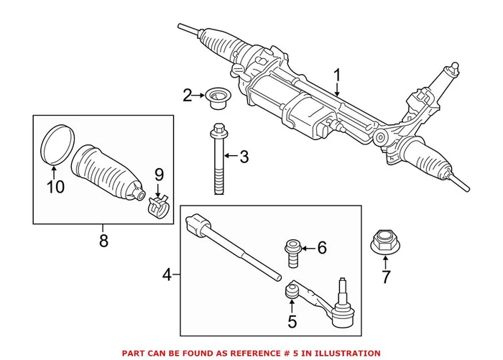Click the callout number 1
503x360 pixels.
point(338,77)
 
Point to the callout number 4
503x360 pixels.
point(167,274)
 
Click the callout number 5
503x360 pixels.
point(292,321)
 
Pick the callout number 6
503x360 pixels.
point(321,249)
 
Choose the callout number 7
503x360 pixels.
point(385,277)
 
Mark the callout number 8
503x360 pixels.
point(103,241)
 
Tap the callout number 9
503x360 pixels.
point(160,174)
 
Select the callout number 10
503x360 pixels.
point(55,187)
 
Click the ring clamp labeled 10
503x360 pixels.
point(55,144)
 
